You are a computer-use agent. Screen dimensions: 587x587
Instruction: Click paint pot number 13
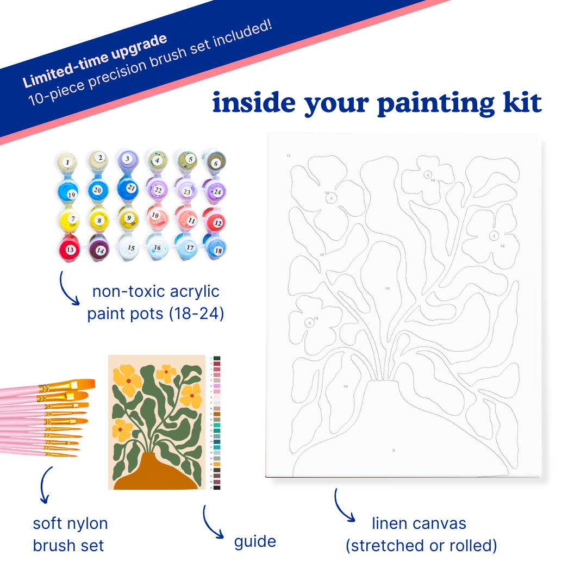coord(70,249)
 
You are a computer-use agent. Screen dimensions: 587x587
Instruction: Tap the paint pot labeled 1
coord(67,161)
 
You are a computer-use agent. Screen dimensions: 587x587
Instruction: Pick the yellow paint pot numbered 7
coord(72,219)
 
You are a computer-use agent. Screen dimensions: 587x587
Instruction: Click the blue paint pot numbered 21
coord(130,188)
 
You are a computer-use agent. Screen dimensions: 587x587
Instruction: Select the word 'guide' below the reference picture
coord(255,541)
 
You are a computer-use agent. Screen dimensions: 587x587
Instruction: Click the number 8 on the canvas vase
coord(394,450)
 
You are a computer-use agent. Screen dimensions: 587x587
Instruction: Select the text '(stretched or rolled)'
coord(421,545)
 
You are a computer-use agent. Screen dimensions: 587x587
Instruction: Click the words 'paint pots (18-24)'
coord(155,314)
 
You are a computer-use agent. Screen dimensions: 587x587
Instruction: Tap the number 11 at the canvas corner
coord(288,156)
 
